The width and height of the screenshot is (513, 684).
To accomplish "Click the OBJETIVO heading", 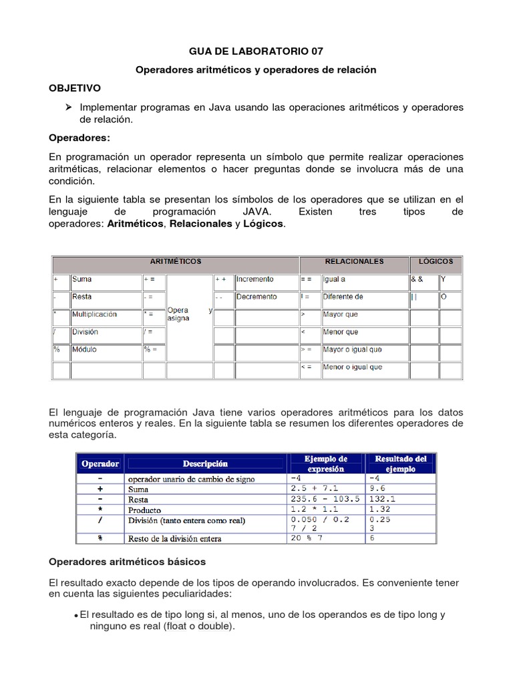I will pos(75,88).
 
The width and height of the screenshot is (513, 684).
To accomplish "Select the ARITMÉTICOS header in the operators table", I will pos(176,262).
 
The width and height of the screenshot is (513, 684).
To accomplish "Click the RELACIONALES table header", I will pos(353,262).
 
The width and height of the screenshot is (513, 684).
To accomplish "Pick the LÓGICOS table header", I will pos(436,262).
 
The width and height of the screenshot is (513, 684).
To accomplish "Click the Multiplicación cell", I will pos(94,314).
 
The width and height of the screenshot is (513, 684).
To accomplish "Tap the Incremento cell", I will pos(254,279).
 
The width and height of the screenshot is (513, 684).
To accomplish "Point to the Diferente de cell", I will pos(343,297).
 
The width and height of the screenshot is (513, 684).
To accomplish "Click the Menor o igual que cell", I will pos(352,367).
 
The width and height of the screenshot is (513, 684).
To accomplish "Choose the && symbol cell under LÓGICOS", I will pos(417,279).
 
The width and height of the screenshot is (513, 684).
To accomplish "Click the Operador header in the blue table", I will pos(100,464).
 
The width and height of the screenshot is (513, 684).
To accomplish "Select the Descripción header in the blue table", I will pos(205,464).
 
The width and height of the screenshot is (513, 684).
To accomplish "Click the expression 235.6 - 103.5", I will pos(326,498).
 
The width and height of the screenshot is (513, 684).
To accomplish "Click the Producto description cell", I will pos(144,509).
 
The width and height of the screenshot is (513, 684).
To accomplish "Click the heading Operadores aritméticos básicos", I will pos(128,561).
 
